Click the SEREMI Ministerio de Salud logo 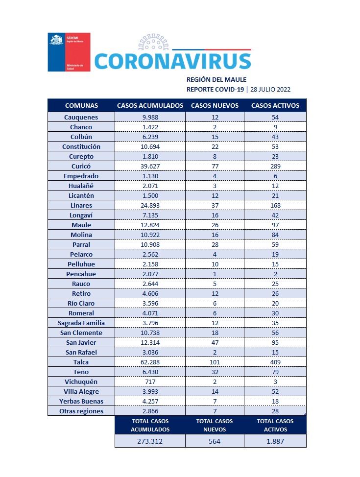[x=69, y=52]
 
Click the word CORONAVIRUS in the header [x=172, y=61]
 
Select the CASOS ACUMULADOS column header [x=150, y=105]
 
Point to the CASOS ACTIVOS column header [x=275, y=105]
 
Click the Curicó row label [x=81, y=166]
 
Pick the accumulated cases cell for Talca [x=150, y=362]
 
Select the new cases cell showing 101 [x=215, y=362]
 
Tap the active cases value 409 [x=275, y=362]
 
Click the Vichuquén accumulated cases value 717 [x=150, y=382]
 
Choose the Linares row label [x=81, y=205]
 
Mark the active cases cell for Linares [x=275, y=205]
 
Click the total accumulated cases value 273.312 [x=150, y=441]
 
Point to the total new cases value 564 [x=215, y=441]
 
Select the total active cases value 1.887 [x=275, y=441]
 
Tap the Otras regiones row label [x=81, y=411]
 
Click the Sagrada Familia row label [x=81, y=323]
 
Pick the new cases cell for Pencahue [x=215, y=274]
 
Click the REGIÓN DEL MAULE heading [x=216, y=79]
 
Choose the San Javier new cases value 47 [x=215, y=342]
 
